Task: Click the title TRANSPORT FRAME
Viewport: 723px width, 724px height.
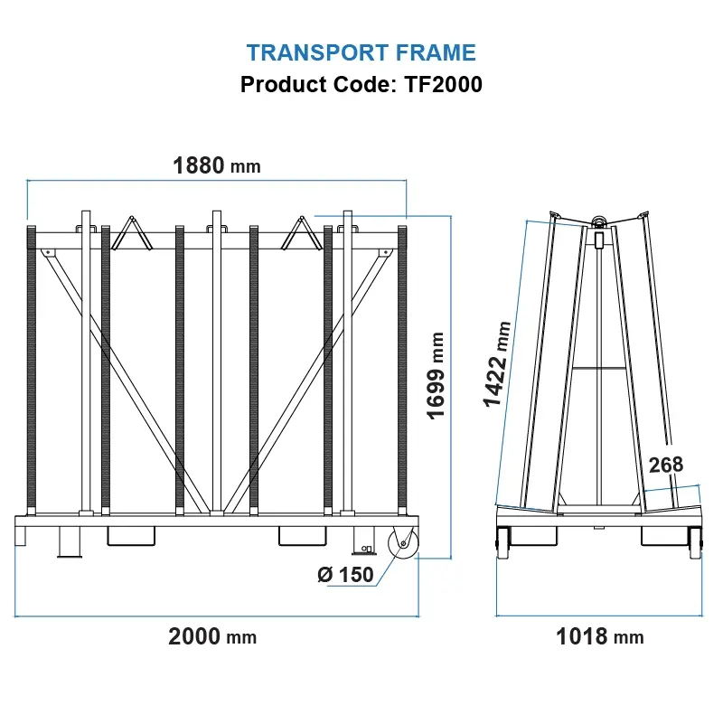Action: pyautogui.click(x=361, y=52)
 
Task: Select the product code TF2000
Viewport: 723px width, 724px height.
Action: pyautogui.click(x=443, y=84)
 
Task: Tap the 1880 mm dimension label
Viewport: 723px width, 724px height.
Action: pyautogui.click(x=217, y=165)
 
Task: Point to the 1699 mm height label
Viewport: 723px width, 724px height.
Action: pyautogui.click(x=436, y=376)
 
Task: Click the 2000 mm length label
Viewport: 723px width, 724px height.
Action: pyautogui.click(x=212, y=636)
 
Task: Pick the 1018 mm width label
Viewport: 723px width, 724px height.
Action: pyautogui.click(x=600, y=636)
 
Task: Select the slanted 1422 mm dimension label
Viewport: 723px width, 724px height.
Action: pyautogui.click(x=497, y=364)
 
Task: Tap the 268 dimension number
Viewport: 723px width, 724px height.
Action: pyautogui.click(x=666, y=465)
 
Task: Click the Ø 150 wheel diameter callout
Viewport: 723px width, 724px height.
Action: pyautogui.click(x=345, y=575)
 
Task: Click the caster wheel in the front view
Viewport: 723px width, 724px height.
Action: pyautogui.click(x=403, y=543)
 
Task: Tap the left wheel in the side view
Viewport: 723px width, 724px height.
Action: pyautogui.click(x=502, y=543)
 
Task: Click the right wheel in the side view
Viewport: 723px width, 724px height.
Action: pyautogui.click(x=695, y=543)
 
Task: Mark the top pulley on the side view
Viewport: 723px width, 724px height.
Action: pyautogui.click(x=599, y=221)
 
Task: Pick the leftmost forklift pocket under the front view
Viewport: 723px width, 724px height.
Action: pyautogui.click(x=131, y=536)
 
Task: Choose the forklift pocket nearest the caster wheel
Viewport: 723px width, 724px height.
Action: pyautogui.click(x=303, y=536)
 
